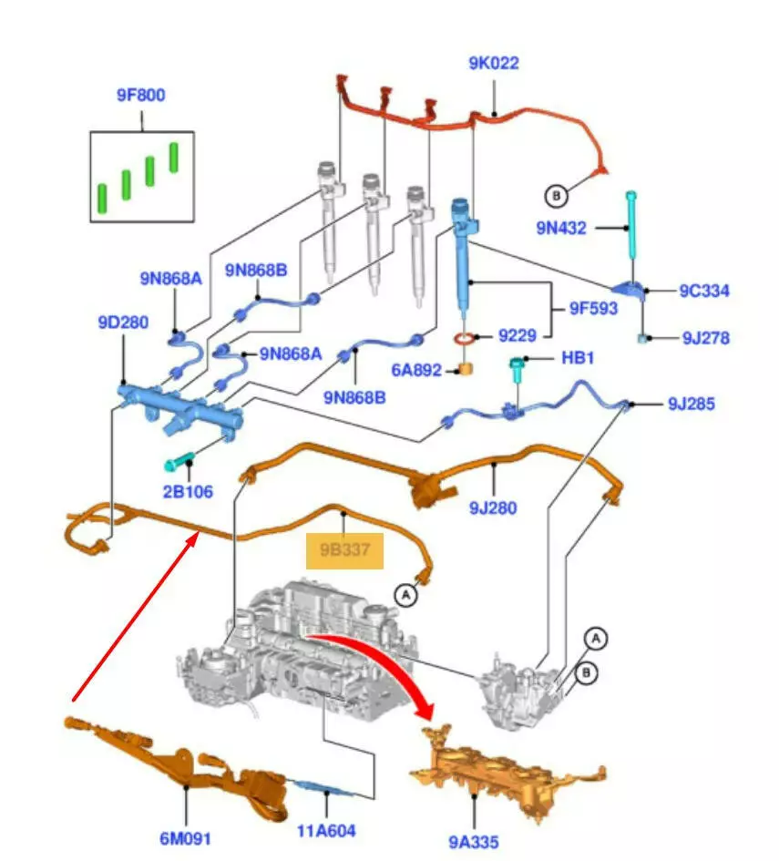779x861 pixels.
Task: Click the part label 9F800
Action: pyautogui.click(x=140, y=95)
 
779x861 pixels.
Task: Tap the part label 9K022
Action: pyautogui.click(x=494, y=63)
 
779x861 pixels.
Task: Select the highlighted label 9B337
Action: pyautogui.click(x=344, y=551)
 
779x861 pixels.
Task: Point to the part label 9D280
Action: pyautogui.click(x=123, y=322)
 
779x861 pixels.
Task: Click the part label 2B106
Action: pyautogui.click(x=189, y=492)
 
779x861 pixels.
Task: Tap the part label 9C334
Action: pyautogui.click(x=704, y=291)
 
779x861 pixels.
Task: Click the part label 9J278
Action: pyautogui.click(x=705, y=338)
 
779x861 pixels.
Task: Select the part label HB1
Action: pyautogui.click(x=578, y=359)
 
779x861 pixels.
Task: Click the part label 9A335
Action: pyautogui.click(x=475, y=842)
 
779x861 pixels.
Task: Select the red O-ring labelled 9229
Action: pyautogui.click(x=465, y=340)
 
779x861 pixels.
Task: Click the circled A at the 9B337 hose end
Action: pyautogui.click(x=405, y=595)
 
